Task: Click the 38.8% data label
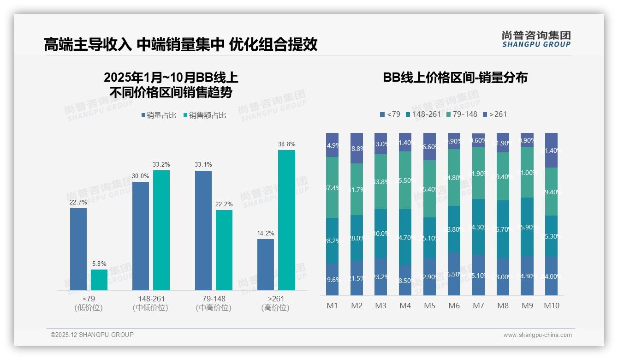coord(286,144)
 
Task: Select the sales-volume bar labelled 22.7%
coord(78,249)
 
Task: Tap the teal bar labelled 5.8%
coord(99,280)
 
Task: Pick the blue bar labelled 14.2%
coord(266,264)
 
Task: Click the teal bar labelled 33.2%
coord(161,230)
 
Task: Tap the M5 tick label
coord(429,306)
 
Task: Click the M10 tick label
coord(552,306)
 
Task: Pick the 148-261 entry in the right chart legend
coord(424,114)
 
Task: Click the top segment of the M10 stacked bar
coord(552,150)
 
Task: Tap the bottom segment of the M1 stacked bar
coord(332,279)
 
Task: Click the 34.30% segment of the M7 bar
coord(478,227)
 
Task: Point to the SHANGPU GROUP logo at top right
coord(536,39)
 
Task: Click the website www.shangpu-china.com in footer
coord(537,335)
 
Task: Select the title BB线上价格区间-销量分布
coord(455,78)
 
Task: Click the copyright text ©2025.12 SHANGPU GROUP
coord(92,335)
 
